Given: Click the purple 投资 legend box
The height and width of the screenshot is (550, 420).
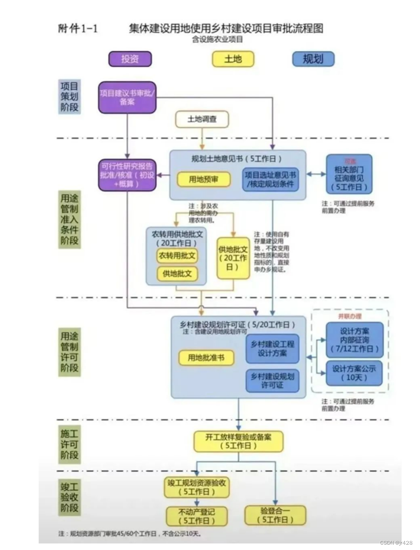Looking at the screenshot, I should point(130,59).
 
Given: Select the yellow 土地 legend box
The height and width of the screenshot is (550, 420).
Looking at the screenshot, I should point(233,59).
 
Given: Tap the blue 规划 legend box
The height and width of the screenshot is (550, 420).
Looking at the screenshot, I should point(313,59).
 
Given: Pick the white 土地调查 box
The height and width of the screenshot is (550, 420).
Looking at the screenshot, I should point(202,119).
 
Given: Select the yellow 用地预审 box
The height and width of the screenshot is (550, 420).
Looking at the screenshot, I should point(203,179).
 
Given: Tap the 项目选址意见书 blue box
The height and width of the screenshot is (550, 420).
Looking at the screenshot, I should point(271,179).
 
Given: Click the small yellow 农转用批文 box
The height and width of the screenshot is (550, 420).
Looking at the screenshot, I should point(177,255).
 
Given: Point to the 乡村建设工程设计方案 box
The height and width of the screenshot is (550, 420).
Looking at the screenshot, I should point(272,348).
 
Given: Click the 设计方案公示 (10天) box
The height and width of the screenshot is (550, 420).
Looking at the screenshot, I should point(354,373).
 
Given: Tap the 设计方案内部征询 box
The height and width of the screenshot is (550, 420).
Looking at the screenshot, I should point(354,339).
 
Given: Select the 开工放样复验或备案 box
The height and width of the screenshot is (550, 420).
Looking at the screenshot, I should point(238,441).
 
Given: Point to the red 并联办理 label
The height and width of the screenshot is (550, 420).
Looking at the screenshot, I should point(350,316).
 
